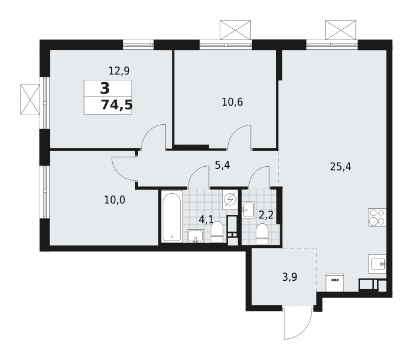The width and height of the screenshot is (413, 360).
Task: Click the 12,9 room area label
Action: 119,71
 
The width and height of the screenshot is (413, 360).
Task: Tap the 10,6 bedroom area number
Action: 232,102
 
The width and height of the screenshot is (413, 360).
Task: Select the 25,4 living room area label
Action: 340,167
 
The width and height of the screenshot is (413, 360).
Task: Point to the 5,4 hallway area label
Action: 222,165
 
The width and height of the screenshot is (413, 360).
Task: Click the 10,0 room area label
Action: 115,200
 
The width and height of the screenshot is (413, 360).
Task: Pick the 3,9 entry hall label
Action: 290,277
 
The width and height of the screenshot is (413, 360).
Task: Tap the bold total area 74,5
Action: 116,106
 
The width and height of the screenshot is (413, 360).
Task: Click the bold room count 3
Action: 105,88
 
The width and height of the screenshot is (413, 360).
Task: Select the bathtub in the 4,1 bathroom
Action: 172,217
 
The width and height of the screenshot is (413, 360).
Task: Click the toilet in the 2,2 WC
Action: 262,233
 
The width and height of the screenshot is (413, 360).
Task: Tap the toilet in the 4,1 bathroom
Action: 217,232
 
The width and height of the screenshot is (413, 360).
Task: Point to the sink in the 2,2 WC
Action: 249,209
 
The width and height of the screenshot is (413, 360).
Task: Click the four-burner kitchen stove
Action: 377,217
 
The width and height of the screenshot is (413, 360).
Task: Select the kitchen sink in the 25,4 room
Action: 377,264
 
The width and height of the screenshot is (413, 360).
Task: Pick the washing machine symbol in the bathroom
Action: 230,200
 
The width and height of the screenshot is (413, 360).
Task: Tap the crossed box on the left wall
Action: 30,100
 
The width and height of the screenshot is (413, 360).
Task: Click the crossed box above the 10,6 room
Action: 235,30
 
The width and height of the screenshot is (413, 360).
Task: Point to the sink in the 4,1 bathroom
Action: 196,236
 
